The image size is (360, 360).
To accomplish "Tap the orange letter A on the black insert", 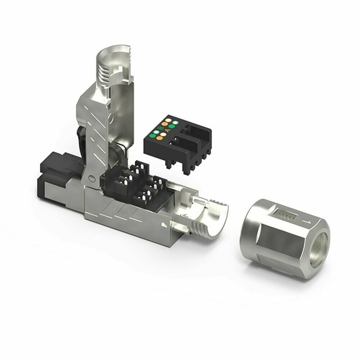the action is coord(168,130).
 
